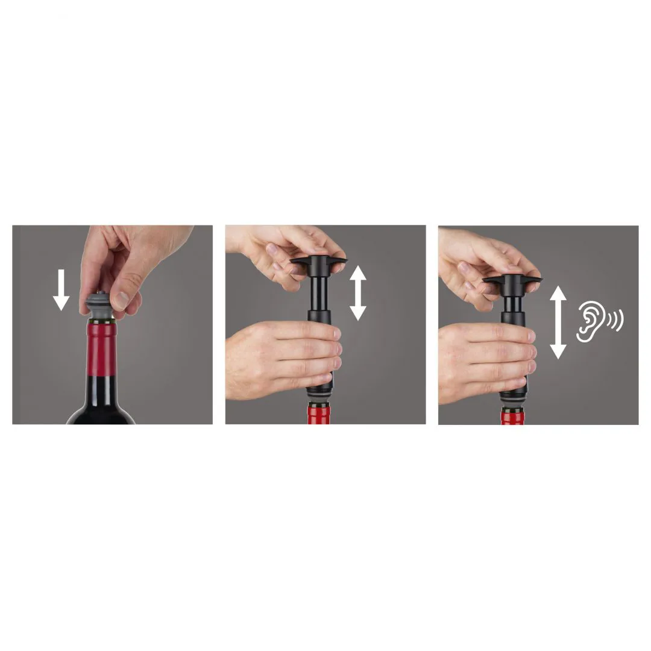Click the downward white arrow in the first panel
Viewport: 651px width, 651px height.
tap(61, 290)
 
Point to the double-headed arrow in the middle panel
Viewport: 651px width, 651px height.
tap(358, 293)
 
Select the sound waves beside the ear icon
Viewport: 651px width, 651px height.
tap(615, 321)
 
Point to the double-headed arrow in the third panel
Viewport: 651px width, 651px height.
tap(558, 322)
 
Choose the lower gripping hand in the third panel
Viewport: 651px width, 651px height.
tap(482, 362)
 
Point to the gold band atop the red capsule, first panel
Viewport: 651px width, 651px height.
tap(102, 324)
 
